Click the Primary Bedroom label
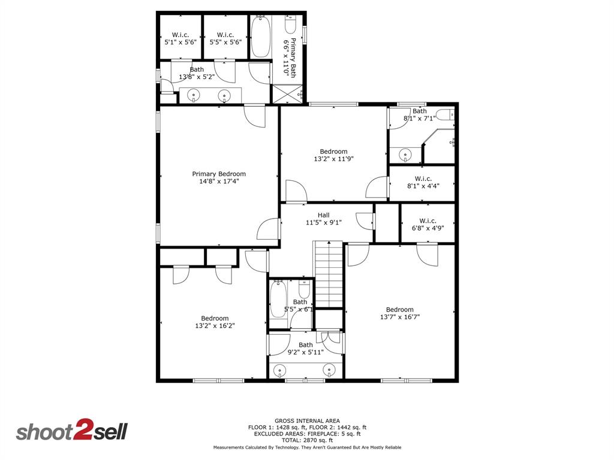click(x=219, y=174)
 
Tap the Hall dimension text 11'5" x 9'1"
click(x=324, y=223)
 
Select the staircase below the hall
click(x=328, y=274)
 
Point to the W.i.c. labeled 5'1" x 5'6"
click(x=180, y=39)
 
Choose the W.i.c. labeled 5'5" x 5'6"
click(x=225, y=39)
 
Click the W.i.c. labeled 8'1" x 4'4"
click(x=423, y=182)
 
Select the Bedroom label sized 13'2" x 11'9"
click(x=333, y=155)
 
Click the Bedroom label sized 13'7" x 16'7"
click(x=399, y=313)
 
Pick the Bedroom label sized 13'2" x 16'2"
click(x=215, y=322)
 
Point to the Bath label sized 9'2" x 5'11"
click(x=306, y=348)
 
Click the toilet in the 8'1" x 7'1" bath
click(x=445, y=115)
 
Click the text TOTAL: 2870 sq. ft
click(x=308, y=440)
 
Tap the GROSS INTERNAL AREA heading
click(x=308, y=420)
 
